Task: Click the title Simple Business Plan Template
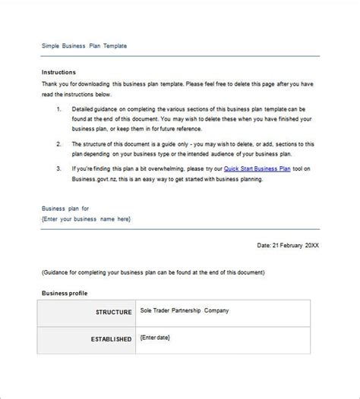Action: pos(84,46)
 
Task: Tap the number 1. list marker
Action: pos(59,109)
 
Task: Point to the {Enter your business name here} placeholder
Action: pos(87,218)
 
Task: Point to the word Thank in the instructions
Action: pos(51,84)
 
